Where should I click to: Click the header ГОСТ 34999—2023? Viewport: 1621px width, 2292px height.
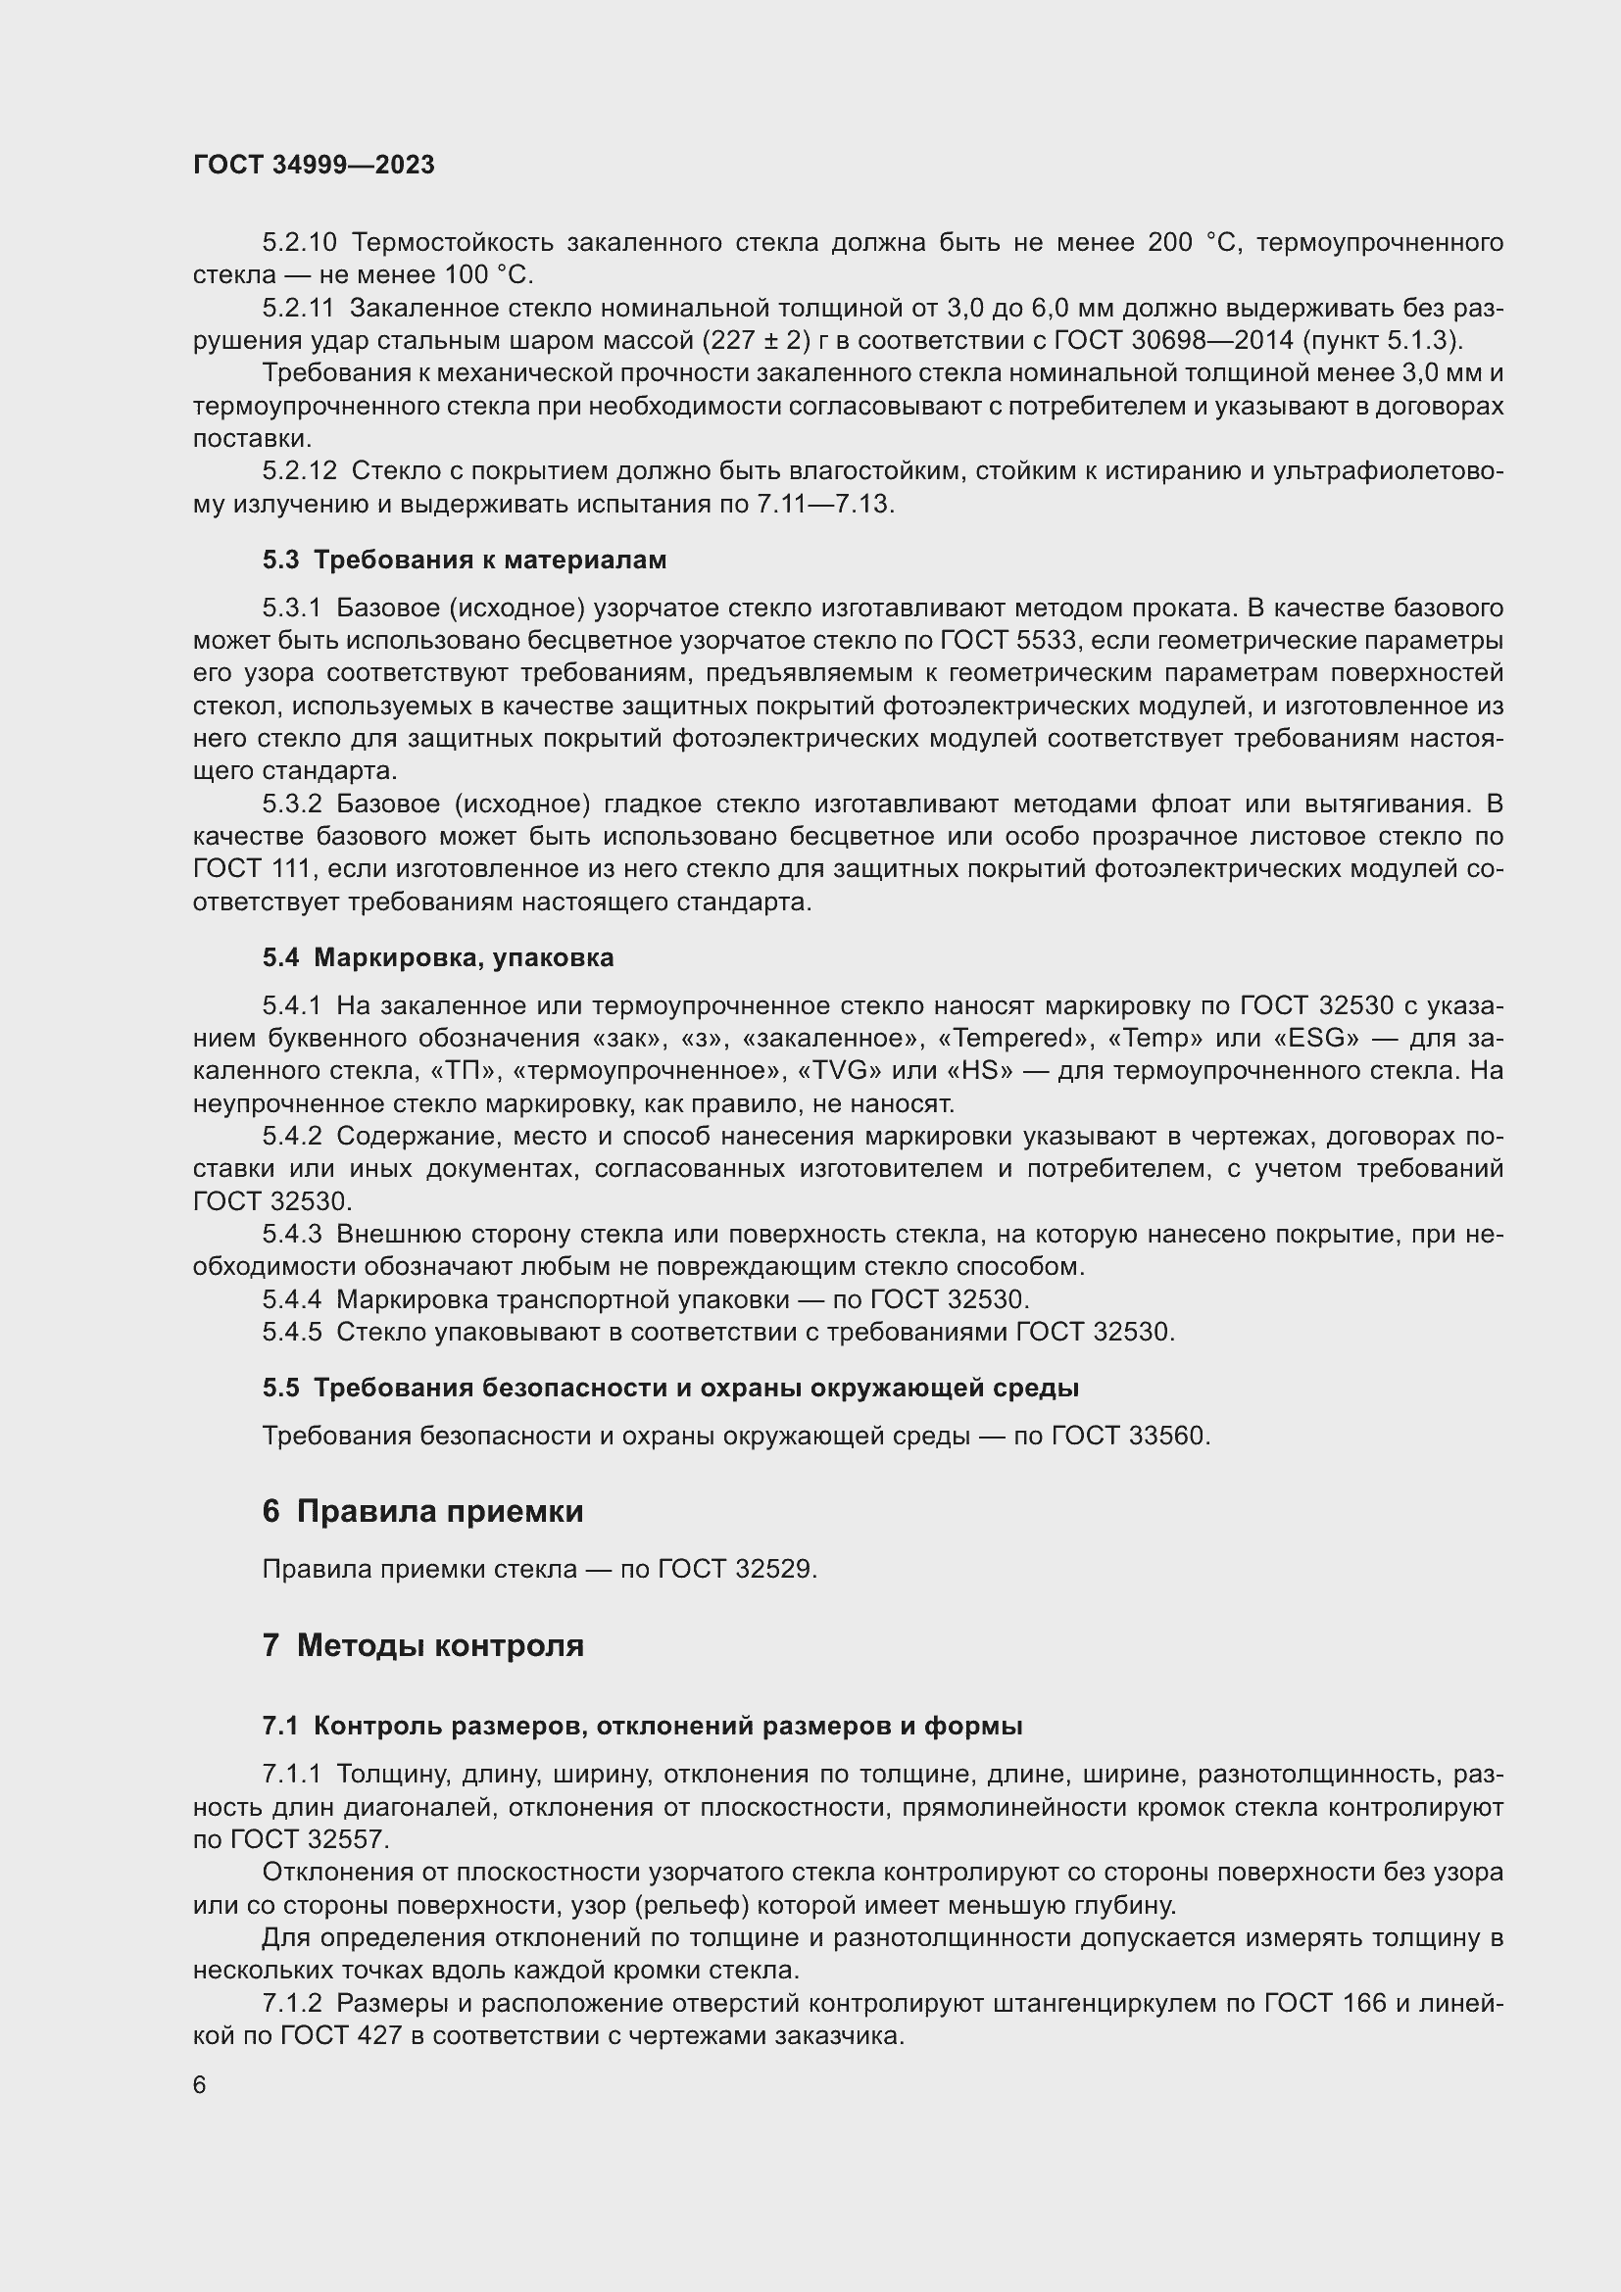[314, 165]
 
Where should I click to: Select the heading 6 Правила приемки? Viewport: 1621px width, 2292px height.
[422, 1511]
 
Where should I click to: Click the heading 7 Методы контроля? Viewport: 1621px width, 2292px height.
[422, 1645]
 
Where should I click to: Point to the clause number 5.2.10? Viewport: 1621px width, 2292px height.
[300, 243]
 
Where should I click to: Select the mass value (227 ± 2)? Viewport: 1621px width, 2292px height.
[756, 340]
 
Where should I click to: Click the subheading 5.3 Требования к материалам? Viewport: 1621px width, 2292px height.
[465, 561]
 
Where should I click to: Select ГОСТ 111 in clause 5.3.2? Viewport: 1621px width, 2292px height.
[253, 869]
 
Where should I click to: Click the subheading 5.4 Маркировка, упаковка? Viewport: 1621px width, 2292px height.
[438, 957]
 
